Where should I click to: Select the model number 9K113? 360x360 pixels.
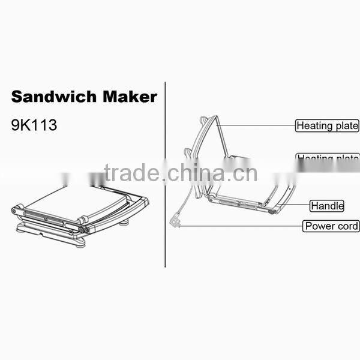34,127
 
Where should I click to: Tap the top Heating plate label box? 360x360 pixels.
327,126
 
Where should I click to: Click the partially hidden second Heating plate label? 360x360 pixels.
328,157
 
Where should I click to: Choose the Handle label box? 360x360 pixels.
327,206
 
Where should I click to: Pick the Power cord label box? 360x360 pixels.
331,226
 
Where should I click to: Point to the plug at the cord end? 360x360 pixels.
175,223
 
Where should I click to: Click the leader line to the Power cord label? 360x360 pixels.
240,226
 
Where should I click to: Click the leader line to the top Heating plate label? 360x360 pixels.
258,125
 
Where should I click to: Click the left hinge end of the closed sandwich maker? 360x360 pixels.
15,211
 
